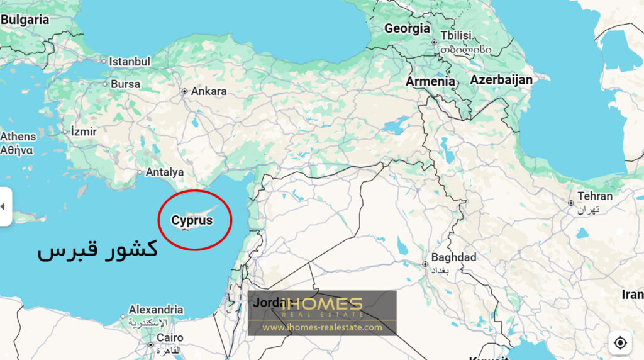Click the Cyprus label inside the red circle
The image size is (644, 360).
pos(192,221)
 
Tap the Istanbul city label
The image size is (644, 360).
pos(130,62)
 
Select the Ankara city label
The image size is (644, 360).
pos(208,91)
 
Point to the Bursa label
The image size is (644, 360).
pos(125,84)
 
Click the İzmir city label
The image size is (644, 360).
pos(84,132)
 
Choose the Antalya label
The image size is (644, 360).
pos(165,172)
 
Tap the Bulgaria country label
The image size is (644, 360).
pos(25,20)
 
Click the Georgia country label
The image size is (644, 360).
pos(407,28)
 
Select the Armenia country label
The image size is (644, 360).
pos(430,81)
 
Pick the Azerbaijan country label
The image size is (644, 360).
pos(501,80)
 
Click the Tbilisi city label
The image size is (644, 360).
pos(456,35)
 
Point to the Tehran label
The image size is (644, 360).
pos(595,196)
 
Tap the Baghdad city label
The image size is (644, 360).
pos(453,257)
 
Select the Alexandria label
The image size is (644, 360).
pos(156,310)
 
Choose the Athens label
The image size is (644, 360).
pos(18,136)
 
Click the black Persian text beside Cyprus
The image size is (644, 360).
pos(97,250)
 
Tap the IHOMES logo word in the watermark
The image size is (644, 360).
pos(322,303)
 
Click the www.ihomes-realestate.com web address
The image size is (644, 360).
pos(322,327)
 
